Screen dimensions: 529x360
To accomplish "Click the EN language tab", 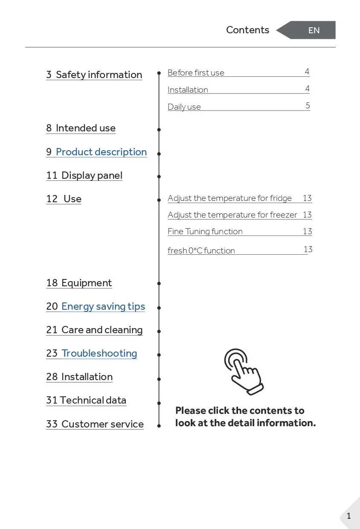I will (314, 30).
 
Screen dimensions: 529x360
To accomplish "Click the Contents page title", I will (247, 30).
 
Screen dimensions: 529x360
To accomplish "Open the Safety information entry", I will (94, 75).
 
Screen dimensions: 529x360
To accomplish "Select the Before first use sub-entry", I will (196, 73).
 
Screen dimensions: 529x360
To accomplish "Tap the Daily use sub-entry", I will (184, 107).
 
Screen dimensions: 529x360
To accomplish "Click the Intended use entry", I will (81, 128).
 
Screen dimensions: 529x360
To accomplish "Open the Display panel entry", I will (84, 175).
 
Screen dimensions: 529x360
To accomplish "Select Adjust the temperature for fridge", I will (229, 198).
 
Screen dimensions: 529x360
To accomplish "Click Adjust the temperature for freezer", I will (232, 215).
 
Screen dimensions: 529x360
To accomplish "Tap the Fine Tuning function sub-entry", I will (205, 232).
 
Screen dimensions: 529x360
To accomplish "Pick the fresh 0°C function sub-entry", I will (201, 251).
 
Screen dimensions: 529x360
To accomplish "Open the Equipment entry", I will (79, 283).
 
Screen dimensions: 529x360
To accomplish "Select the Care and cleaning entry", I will (95, 330).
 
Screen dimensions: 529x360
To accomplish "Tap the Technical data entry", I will (87, 400).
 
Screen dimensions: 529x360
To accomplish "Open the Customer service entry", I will (95, 424).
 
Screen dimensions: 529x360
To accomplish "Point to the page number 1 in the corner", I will (349, 516).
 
